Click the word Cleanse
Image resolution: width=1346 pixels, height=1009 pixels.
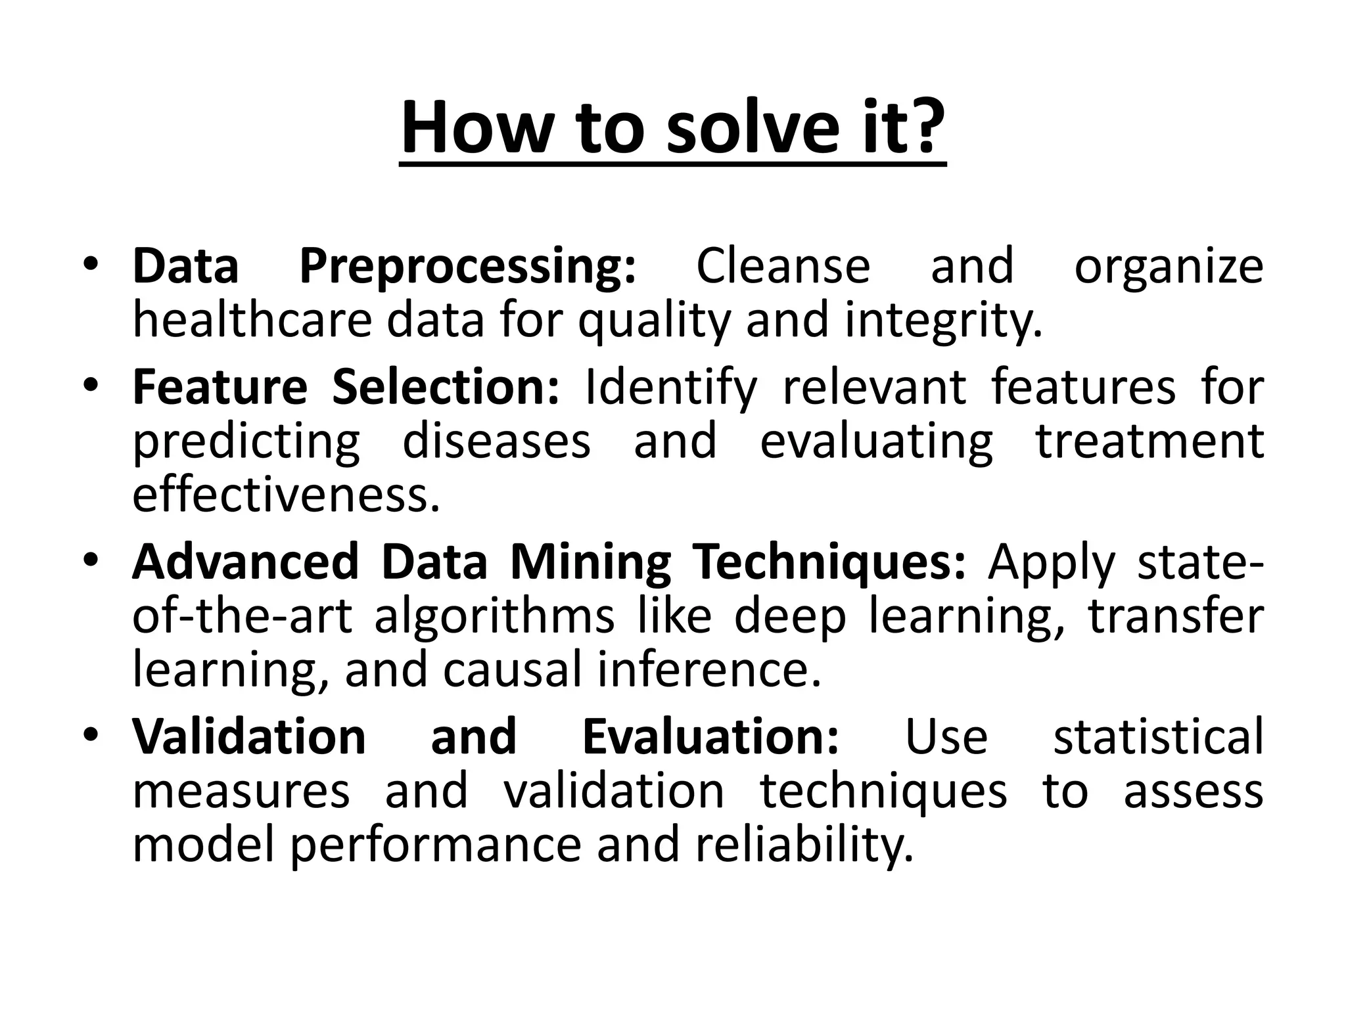(x=783, y=266)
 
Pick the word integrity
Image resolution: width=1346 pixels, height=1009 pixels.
(x=943, y=322)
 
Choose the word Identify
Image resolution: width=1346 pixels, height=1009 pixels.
(x=670, y=388)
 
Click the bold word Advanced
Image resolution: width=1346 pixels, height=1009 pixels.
(x=245, y=562)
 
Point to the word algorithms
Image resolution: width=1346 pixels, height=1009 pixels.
(x=494, y=617)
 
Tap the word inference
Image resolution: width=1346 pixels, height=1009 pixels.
(x=709, y=671)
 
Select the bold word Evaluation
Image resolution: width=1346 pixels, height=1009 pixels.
(x=710, y=736)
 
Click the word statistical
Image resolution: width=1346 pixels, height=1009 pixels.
(x=1158, y=736)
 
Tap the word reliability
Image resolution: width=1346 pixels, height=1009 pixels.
(x=804, y=845)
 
